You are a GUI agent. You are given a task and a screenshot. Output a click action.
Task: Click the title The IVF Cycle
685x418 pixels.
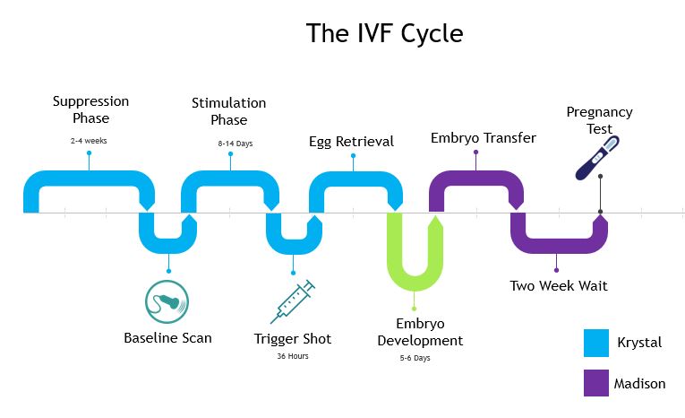tap(384, 33)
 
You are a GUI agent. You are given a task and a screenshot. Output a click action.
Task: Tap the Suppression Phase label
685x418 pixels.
tap(90, 109)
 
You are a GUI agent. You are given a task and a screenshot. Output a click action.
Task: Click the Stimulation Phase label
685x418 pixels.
tap(228, 111)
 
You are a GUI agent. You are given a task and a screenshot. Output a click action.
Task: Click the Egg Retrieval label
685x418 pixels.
tap(351, 142)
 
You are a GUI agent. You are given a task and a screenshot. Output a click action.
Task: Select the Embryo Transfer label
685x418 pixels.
tap(483, 138)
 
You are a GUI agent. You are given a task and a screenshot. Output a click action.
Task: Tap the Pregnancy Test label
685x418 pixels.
tap(599, 120)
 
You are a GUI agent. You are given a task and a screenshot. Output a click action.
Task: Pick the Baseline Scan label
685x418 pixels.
tap(167, 338)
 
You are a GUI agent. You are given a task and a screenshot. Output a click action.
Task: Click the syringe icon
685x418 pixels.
tap(293, 301)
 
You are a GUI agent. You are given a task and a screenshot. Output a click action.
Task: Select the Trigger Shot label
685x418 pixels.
tap(293, 338)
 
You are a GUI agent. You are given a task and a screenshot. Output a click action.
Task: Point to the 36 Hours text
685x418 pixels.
tap(293, 356)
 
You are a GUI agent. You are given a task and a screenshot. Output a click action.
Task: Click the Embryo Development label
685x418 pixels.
tap(420, 332)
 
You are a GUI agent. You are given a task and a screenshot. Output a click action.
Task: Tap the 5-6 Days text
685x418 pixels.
tap(415, 358)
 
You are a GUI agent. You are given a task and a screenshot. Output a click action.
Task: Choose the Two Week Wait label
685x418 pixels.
tap(559, 286)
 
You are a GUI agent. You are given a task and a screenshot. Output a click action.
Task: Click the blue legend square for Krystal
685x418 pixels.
tap(596, 343)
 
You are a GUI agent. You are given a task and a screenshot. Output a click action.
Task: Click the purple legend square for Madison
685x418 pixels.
tap(596, 383)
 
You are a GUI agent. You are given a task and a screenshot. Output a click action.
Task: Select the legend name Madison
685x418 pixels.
tap(639, 384)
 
